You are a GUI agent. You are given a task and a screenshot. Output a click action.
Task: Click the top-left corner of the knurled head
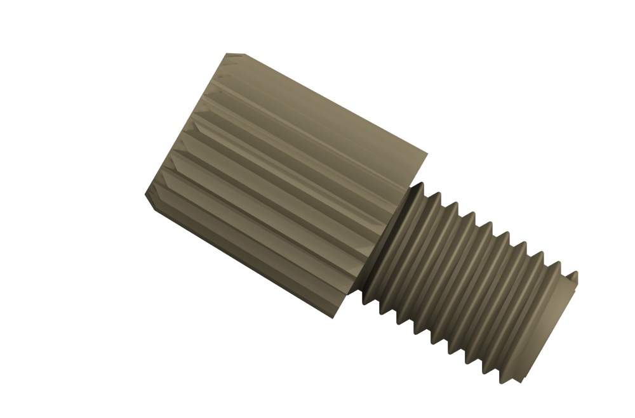[x=228, y=55]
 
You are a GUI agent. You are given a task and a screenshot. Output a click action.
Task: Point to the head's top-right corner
[x=427, y=153]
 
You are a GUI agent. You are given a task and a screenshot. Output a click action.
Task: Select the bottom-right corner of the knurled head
[x=337, y=317]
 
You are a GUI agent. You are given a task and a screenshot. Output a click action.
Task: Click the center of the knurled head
[x=286, y=184]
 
